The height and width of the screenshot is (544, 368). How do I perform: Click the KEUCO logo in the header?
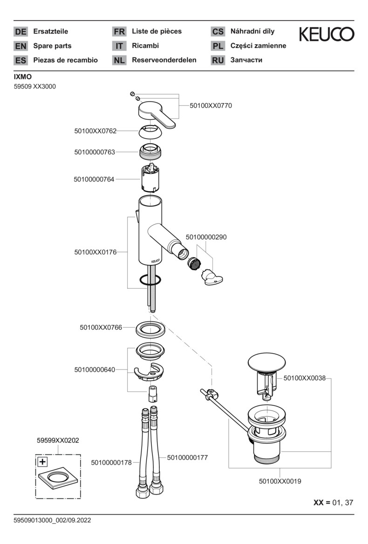click(326, 34)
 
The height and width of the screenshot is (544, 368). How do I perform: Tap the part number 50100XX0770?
click(211, 106)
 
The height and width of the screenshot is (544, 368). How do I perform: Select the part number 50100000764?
click(94, 179)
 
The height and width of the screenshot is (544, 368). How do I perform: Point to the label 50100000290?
click(206, 237)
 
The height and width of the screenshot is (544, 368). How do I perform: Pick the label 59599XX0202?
click(58, 440)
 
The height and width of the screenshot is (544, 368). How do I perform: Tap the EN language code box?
click(21, 46)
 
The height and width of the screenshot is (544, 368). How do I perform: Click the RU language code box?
click(218, 60)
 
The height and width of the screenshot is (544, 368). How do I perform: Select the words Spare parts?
click(52, 46)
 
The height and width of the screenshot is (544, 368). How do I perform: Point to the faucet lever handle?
click(157, 113)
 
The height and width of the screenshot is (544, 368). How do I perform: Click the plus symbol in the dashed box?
click(42, 462)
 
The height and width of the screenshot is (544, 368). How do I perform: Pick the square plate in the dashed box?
click(57, 480)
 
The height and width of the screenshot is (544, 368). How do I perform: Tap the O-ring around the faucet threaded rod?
click(150, 280)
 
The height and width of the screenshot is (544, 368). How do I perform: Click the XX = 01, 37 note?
click(333, 502)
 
